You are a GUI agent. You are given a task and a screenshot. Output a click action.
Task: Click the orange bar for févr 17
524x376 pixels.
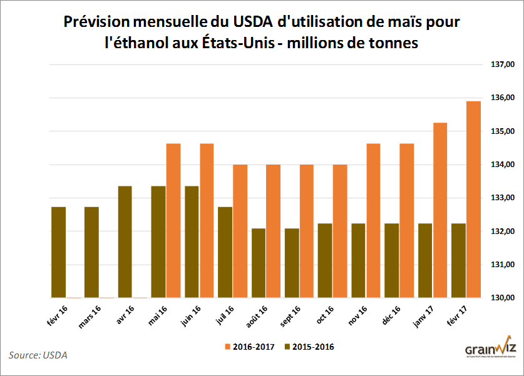pos(473,200)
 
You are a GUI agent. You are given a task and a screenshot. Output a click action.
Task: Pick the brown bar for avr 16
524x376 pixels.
pos(125,242)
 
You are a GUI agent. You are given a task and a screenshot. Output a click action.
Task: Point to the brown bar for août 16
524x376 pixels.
pos(258,263)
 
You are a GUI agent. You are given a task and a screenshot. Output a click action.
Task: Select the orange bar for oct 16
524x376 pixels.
pos(340,231)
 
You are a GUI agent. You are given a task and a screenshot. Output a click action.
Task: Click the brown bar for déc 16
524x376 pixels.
pos(391,260)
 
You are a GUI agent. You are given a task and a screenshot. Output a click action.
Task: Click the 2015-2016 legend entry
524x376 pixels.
pos(309,346)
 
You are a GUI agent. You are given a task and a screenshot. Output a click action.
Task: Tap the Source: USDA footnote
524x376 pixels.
pos(38,355)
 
